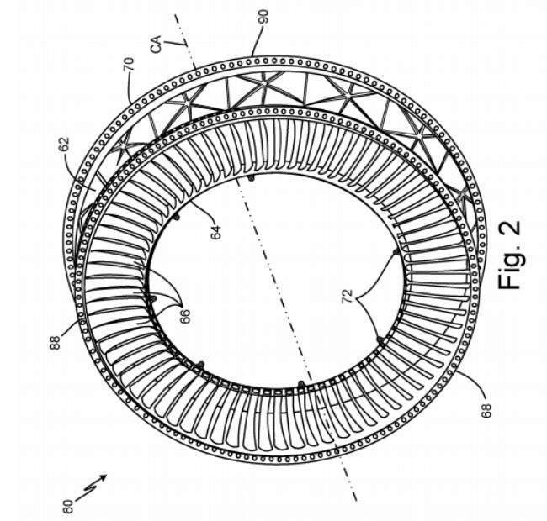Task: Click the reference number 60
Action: click(69, 506)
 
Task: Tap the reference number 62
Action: click(65, 145)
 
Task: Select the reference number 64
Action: click(216, 233)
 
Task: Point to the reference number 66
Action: click(185, 316)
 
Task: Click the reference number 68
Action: click(486, 409)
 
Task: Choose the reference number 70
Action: click(128, 64)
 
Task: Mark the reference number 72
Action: click(349, 297)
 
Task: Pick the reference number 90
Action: click(264, 16)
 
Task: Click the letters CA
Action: click(157, 44)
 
